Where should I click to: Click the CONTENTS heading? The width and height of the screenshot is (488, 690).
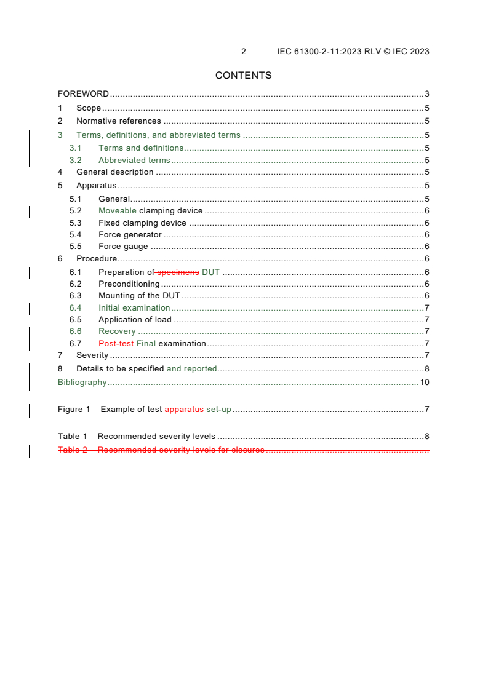click(243, 76)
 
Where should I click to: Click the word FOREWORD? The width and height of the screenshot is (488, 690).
click(83, 94)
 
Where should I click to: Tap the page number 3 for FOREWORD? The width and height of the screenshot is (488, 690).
click(426, 94)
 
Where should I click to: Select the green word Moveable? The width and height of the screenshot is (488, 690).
click(118, 211)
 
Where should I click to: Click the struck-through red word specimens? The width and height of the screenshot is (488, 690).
click(178, 272)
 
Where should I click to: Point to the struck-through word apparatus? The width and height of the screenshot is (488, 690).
click(184, 409)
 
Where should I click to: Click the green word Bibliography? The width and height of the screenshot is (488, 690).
click(82, 382)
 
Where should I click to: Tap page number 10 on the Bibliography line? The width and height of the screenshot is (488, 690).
click(424, 382)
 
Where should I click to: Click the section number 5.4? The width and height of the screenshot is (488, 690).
click(75, 234)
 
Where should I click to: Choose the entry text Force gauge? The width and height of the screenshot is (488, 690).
click(123, 246)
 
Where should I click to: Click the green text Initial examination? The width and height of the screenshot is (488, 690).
click(134, 307)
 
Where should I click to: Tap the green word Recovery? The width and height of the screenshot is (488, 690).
click(117, 331)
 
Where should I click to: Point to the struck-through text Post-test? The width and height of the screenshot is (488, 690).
click(116, 343)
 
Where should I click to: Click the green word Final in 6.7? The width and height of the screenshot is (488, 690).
click(146, 343)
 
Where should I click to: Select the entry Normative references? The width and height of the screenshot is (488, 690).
click(118, 121)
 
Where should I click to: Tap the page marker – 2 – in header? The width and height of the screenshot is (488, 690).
click(243, 51)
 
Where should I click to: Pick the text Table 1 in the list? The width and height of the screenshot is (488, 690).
click(73, 437)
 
